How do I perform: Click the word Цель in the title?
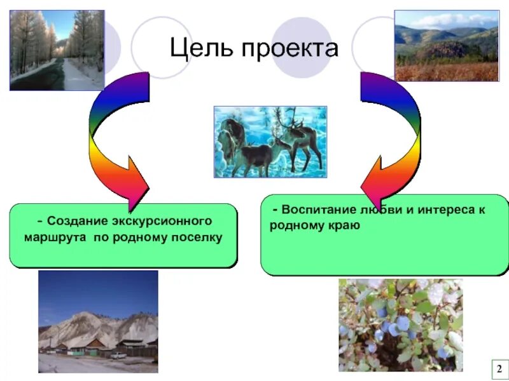point(200,48)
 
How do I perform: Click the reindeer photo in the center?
point(270,141)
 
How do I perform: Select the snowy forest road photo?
point(57,51)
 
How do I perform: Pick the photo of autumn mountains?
point(447,46)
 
